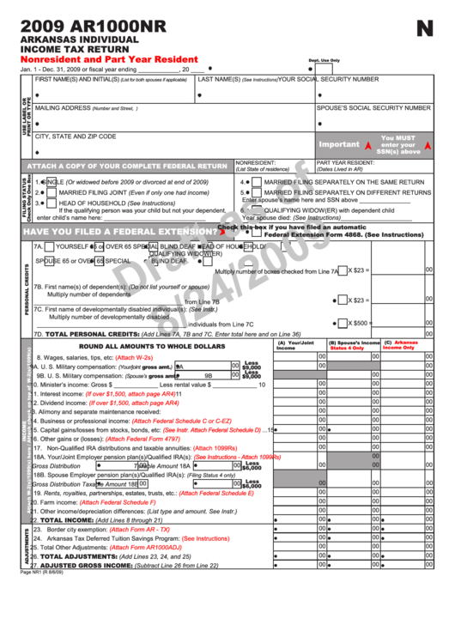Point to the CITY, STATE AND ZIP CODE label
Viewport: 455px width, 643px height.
click(x=76, y=136)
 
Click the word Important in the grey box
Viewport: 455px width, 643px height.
click(x=338, y=144)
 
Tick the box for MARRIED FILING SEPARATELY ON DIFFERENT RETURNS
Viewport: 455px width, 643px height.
click(x=256, y=193)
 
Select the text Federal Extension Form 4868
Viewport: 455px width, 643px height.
click(x=314, y=234)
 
